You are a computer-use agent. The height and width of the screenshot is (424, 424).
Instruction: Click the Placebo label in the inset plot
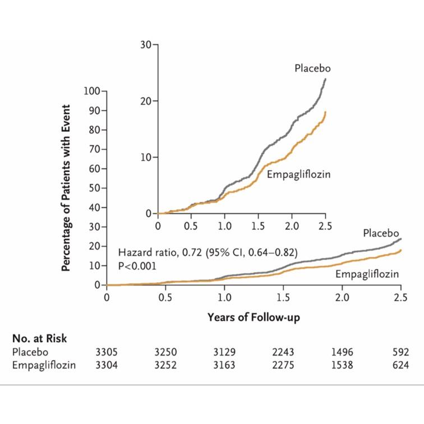[x=312, y=68]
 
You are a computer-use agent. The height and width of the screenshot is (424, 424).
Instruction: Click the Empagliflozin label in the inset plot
[x=298, y=174]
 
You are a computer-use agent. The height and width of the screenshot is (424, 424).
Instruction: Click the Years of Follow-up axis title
[x=254, y=317]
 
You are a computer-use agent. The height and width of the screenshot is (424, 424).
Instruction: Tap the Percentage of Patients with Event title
[x=66, y=188]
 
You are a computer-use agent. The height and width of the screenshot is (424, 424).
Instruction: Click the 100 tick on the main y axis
[x=92, y=91]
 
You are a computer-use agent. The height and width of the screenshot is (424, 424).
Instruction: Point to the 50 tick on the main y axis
[x=94, y=188]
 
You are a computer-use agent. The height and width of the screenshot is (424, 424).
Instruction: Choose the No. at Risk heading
[x=39, y=338]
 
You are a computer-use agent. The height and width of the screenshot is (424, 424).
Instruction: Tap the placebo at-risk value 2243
[x=283, y=352]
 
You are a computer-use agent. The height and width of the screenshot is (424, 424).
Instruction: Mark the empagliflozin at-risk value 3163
[x=224, y=365]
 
